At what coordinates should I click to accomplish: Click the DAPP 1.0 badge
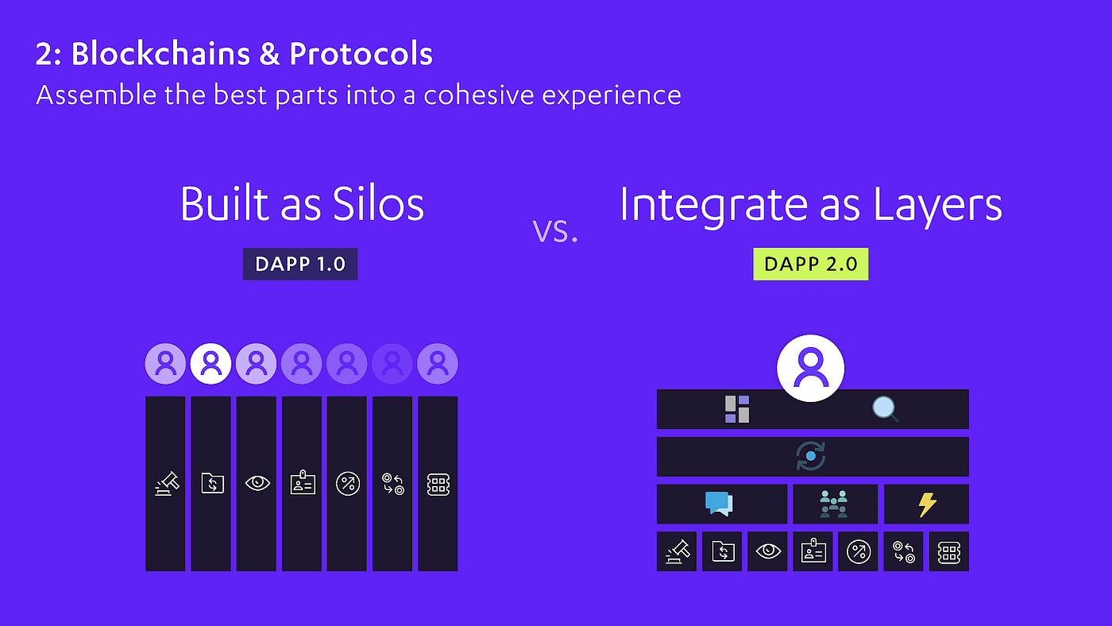[x=300, y=264]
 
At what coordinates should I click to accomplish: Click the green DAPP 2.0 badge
[x=811, y=264]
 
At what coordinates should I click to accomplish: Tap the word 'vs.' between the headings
[x=555, y=231]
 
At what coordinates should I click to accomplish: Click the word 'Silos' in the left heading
[x=378, y=204]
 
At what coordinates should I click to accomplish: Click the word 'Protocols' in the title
[x=361, y=53]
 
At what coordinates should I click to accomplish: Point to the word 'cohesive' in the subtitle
[x=478, y=95]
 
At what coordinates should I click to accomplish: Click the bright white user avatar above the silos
[x=210, y=363]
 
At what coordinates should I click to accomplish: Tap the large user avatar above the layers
[x=811, y=368]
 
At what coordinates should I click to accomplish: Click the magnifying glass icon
[x=885, y=409]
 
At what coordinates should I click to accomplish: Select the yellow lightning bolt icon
[x=927, y=505]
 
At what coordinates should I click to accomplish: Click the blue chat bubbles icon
[x=719, y=504]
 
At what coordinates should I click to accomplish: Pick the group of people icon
[x=833, y=504]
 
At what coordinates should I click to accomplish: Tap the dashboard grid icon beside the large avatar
[x=737, y=409]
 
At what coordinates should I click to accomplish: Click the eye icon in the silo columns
[x=257, y=483]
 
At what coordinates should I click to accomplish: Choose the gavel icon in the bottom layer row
[x=678, y=551]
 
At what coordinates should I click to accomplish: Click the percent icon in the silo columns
[x=348, y=484]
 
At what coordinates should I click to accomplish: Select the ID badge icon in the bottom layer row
[x=813, y=551]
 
